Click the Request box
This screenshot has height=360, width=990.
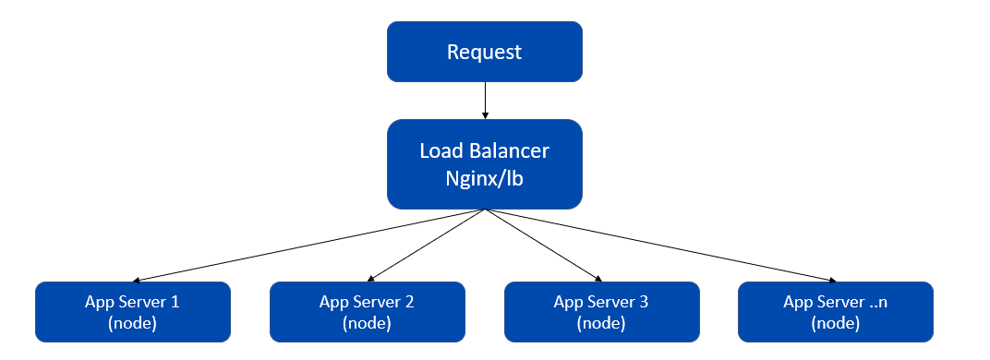(484, 52)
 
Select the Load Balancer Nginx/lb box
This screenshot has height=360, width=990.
(484, 163)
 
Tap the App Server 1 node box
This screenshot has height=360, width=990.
(132, 312)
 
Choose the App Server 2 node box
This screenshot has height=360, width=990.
(367, 312)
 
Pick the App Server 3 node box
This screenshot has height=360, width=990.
(601, 312)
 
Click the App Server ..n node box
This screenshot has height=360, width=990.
(836, 312)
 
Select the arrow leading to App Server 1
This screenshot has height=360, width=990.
(309, 245)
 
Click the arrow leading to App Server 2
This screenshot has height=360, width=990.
(426, 245)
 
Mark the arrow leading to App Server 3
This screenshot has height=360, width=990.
(543, 245)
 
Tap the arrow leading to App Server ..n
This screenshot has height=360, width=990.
(660, 245)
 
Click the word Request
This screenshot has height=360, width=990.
(484, 52)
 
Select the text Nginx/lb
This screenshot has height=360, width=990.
(484, 178)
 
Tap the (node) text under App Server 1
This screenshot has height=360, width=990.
(132, 323)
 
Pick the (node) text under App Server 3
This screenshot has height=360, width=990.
(601, 323)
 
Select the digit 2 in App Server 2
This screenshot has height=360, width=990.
(409, 302)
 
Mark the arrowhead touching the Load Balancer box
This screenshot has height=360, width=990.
(484, 114)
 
